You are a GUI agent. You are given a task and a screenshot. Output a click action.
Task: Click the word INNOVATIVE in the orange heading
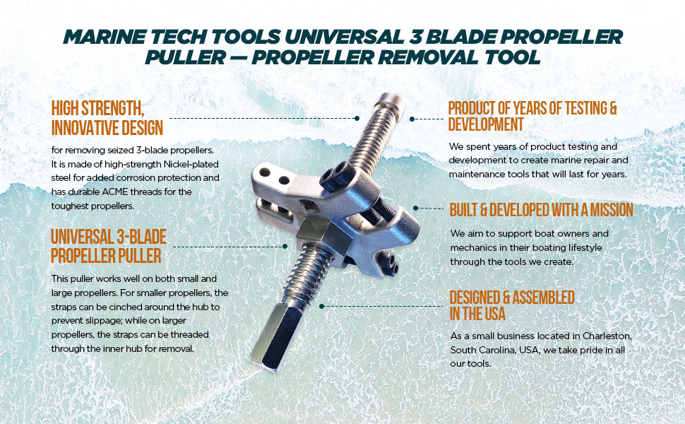click(85, 128)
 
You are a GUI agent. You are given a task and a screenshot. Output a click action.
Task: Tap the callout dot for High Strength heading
click(357, 119)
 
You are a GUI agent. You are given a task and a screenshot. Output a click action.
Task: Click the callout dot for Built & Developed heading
click(415, 208)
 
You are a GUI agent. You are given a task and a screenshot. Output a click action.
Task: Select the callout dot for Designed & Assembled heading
click(322, 306)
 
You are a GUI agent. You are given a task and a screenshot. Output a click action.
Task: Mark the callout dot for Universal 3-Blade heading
click(285, 246)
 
